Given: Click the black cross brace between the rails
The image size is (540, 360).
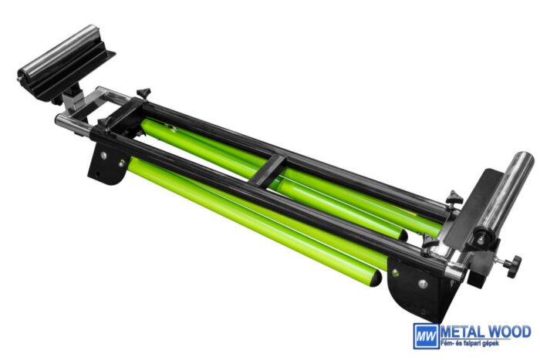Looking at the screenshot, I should [x=267, y=170].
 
